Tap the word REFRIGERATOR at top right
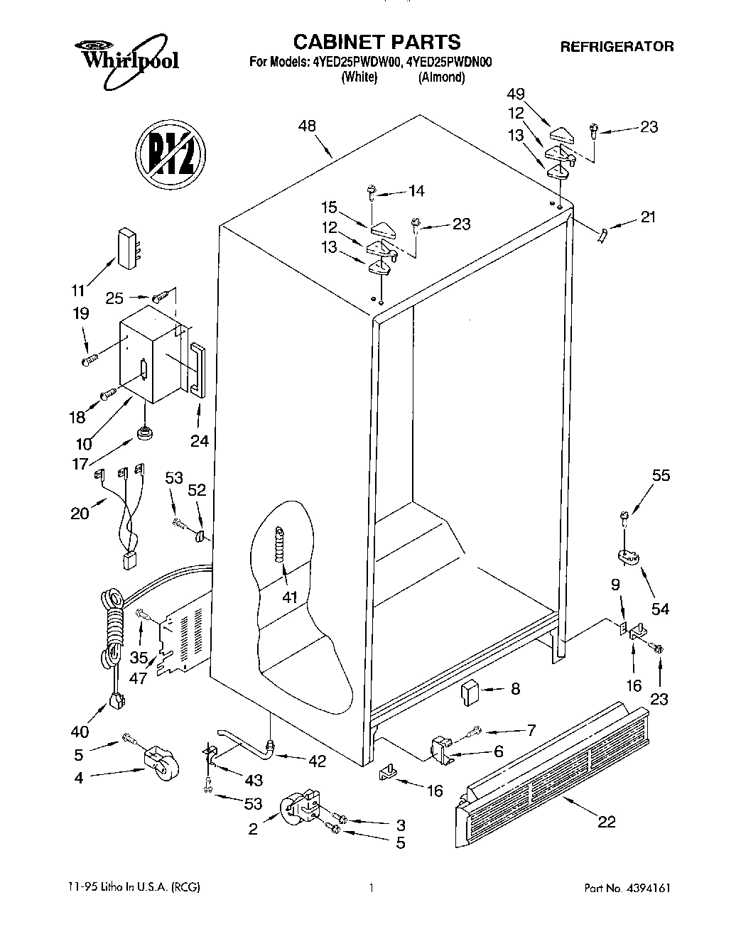click(x=617, y=47)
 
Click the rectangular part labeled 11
click(x=127, y=248)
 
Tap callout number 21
click(x=647, y=218)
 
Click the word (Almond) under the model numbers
click(x=441, y=77)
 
